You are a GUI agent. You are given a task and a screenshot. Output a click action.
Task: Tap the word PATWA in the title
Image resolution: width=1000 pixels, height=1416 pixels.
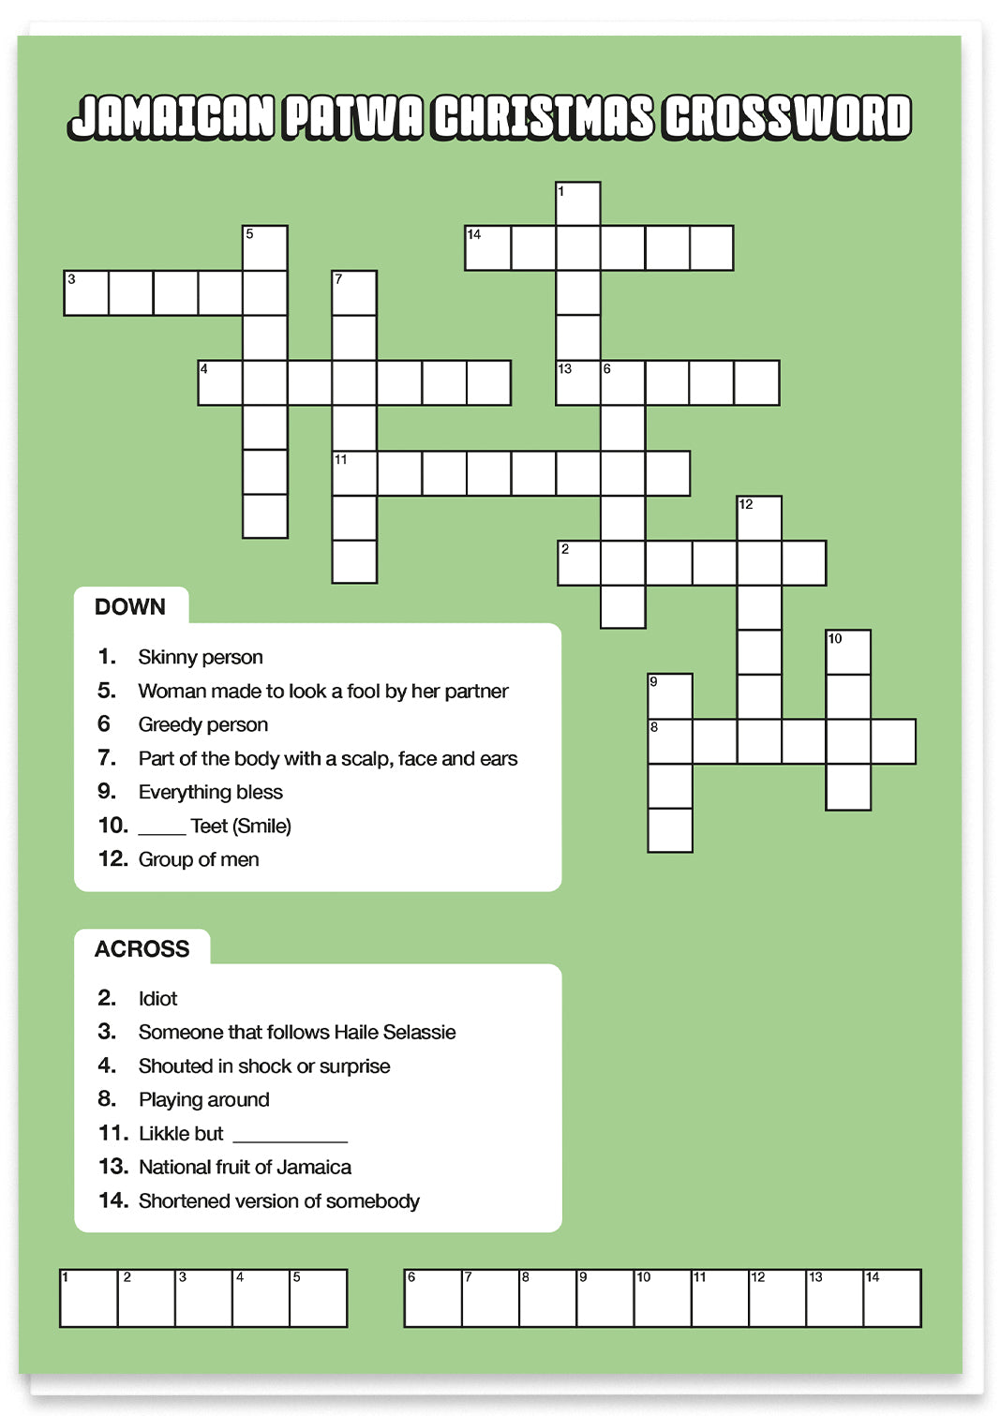(x=353, y=117)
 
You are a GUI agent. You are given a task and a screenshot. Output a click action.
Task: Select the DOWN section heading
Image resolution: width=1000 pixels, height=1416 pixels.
(x=130, y=607)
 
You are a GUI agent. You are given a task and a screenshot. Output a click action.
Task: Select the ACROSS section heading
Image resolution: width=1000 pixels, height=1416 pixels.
(x=142, y=949)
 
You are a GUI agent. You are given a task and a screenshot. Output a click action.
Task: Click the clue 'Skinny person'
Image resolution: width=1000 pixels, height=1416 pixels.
(x=200, y=657)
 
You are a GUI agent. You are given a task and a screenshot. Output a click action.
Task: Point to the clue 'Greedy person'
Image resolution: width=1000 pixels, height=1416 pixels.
(x=202, y=724)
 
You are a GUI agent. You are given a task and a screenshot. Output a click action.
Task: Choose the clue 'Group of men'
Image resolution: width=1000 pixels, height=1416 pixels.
(x=198, y=859)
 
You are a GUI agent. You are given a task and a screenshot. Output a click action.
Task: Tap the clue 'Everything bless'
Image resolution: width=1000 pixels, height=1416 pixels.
(x=210, y=792)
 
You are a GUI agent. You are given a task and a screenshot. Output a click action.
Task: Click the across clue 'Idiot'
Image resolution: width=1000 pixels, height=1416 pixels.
(x=157, y=998)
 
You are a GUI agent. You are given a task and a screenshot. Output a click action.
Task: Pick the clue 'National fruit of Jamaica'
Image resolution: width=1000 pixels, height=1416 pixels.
(x=245, y=1167)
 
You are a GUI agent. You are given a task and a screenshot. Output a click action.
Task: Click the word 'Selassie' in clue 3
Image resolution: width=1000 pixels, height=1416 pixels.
(x=419, y=1032)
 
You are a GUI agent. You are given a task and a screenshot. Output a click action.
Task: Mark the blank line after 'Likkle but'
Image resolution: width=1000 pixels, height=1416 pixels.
(x=290, y=1137)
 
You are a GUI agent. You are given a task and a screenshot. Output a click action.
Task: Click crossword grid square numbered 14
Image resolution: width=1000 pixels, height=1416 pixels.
(x=488, y=248)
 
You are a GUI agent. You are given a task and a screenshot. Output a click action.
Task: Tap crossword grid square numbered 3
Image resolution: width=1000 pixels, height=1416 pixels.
(x=86, y=293)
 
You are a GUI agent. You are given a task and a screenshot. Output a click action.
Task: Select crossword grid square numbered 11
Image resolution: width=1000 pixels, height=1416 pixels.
(x=355, y=473)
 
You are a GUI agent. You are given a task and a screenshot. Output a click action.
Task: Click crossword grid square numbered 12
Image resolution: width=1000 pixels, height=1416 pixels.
(x=759, y=518)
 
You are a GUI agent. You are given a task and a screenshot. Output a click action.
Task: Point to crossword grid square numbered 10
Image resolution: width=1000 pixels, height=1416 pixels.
(x=848, y=652)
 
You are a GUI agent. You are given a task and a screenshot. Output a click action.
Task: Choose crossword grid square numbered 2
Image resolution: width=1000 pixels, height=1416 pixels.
(x=579, y=563)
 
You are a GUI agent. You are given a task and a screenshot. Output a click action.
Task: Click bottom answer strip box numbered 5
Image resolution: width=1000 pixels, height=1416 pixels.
(x=319, y=1299)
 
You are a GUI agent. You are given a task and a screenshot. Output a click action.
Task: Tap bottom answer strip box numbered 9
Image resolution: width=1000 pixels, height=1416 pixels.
(x=604, y=1299)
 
